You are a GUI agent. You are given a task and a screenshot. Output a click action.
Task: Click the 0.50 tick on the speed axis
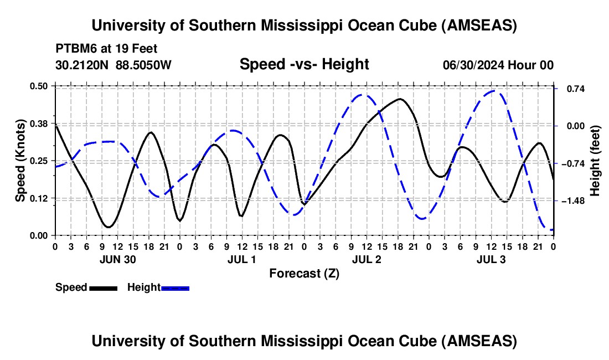40,86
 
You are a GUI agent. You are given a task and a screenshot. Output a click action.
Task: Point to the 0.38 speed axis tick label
40,123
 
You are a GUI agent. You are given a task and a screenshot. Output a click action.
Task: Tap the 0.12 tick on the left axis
40,198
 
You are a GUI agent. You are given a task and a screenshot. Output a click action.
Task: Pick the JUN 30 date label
117,259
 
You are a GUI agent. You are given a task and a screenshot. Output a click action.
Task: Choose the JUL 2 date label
367,259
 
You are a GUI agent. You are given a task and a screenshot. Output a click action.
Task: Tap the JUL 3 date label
491,259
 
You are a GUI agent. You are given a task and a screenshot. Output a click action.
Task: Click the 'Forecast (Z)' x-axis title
304,273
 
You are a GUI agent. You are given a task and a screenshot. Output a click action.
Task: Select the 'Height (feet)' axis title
595,161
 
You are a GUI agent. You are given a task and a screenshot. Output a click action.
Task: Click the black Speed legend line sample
103,288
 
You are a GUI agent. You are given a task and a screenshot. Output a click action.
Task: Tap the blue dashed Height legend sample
176,288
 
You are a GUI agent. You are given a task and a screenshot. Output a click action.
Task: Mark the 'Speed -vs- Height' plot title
304,64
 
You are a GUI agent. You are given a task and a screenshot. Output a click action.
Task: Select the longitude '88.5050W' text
143,65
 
